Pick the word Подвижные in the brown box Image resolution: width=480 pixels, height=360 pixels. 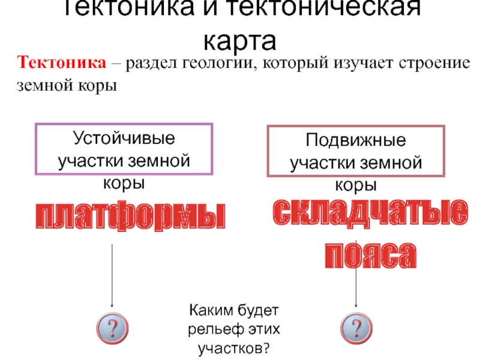coord(356,142)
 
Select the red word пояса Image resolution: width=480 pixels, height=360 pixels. coord(370,256)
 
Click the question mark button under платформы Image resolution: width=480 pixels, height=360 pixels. coord(111,326)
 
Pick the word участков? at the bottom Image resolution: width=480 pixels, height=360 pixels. coord(235,347)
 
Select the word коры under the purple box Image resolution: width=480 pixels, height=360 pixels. coord(124,181)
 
